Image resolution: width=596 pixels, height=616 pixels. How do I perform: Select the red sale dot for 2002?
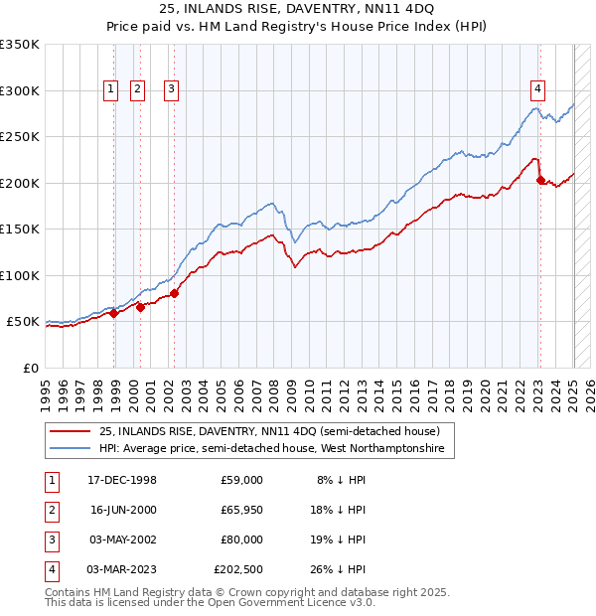pos(174,293)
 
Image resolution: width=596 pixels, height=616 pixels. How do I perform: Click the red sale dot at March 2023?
pos(540,180)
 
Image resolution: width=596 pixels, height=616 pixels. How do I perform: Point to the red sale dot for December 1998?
pos(114,313)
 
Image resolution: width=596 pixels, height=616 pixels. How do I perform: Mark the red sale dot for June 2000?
pos(140,307)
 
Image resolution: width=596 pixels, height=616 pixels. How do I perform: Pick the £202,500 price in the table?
pos(238,569)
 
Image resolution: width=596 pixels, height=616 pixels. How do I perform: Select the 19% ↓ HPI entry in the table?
pos(341,539)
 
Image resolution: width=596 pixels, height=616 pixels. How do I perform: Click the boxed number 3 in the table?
pos(49,539)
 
